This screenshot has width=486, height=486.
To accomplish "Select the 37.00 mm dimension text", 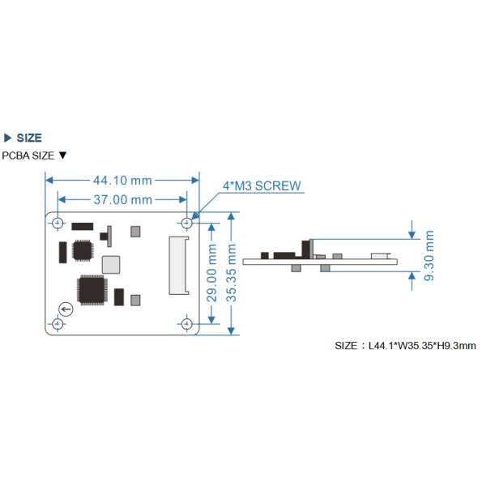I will pos(123,199).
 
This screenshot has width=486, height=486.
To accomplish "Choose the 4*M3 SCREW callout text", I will pos(262,185).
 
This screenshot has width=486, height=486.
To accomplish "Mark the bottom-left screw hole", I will pos(57,324).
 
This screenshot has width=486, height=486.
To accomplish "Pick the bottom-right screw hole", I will pos(187,324).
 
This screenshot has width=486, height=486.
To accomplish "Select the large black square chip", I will pos(91,290).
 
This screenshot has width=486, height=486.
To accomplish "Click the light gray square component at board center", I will pos(110,264).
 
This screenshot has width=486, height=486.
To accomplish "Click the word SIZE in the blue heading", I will pos(29,139).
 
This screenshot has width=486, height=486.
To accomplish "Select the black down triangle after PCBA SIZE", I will pos(62,156).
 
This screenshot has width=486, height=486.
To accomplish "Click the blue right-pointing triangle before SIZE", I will pos(8,139).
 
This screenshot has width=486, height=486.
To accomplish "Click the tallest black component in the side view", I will pos(307,249).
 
